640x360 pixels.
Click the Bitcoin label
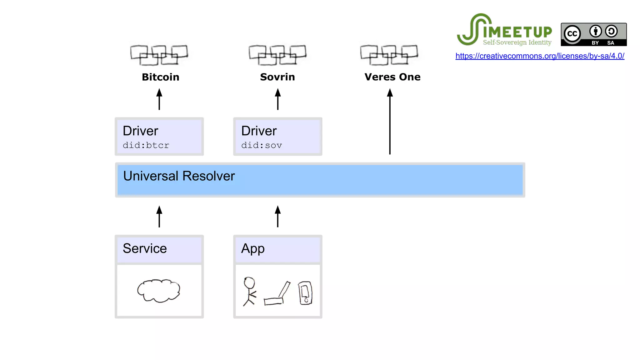click(x=160, y=77)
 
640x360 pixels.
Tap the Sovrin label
click(x=277, y=77)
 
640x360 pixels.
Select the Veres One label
click(x=392, y=77)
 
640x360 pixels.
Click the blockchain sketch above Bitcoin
click(x=159, y=55)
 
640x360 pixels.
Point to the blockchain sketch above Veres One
click(x=389, y=55)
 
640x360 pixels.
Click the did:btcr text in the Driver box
click(x=146, y=145)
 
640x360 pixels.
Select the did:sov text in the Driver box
click(x=262, y=145)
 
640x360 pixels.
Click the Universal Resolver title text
click(x=179, y=176)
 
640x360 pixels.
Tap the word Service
click(x=145, y=248)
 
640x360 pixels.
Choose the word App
click(x=253, y=249)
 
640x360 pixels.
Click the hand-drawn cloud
click(x=159, y=291)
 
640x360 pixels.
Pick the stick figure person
click(x=249, y=291)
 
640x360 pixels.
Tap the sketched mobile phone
click(x=305, y=293)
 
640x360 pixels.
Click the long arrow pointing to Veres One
click(x=390, y=122)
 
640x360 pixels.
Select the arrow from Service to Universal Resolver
click(x=159, y=216)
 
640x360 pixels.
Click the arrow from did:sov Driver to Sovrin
click(x=277, y=99)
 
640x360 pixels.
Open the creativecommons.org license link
click(x=540, y=56)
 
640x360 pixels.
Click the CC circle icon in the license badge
click(x=572, y=34)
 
